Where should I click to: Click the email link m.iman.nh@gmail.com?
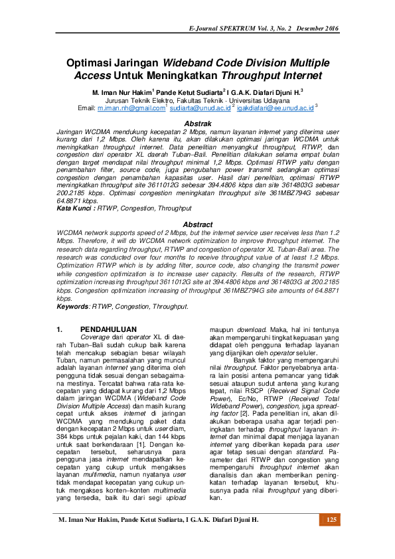131,107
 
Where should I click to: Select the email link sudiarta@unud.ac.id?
200,107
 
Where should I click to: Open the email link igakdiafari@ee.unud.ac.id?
276,107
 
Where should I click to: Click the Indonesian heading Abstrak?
197,124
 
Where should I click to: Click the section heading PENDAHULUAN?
108,329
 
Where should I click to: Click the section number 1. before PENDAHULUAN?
60,329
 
